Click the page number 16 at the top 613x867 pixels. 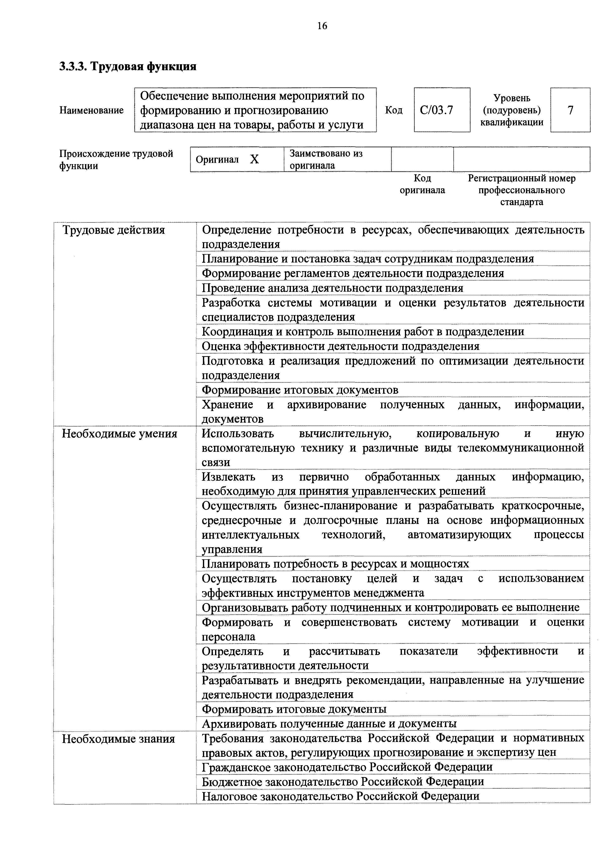click(322, 26)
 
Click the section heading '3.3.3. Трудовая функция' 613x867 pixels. click(128, 67)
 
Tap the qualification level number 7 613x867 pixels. click(570, 110)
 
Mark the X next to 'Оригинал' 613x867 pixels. click(255, 160)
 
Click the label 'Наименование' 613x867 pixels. click(91, 110)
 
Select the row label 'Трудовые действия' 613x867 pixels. click(113, 230)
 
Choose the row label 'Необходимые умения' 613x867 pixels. click(119, 434)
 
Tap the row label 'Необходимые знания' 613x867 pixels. click(118, 739)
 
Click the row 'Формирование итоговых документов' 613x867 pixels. click(300, 390)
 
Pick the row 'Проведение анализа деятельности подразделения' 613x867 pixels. click(332, 288)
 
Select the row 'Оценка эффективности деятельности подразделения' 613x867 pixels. click(341, 346)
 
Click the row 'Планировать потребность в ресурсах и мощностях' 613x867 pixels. click(335, 564)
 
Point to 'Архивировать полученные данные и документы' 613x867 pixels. click(329, 724)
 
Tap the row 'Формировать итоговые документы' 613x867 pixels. click(294, 709)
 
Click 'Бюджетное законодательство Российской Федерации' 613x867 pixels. click(343, 781)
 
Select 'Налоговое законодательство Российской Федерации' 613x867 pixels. click(340, 796)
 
